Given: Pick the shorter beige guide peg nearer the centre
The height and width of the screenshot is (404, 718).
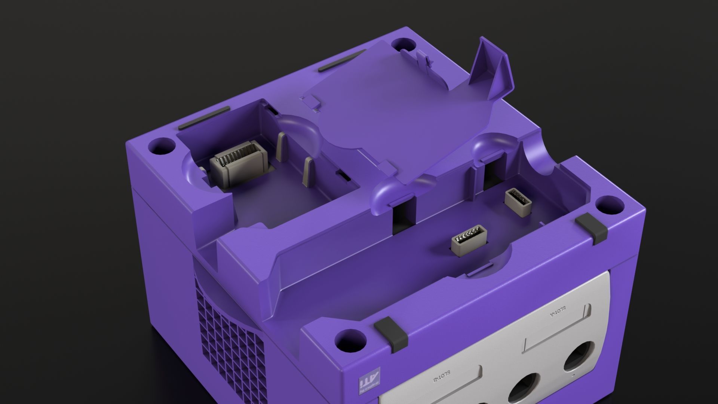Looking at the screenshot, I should (309, 172).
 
